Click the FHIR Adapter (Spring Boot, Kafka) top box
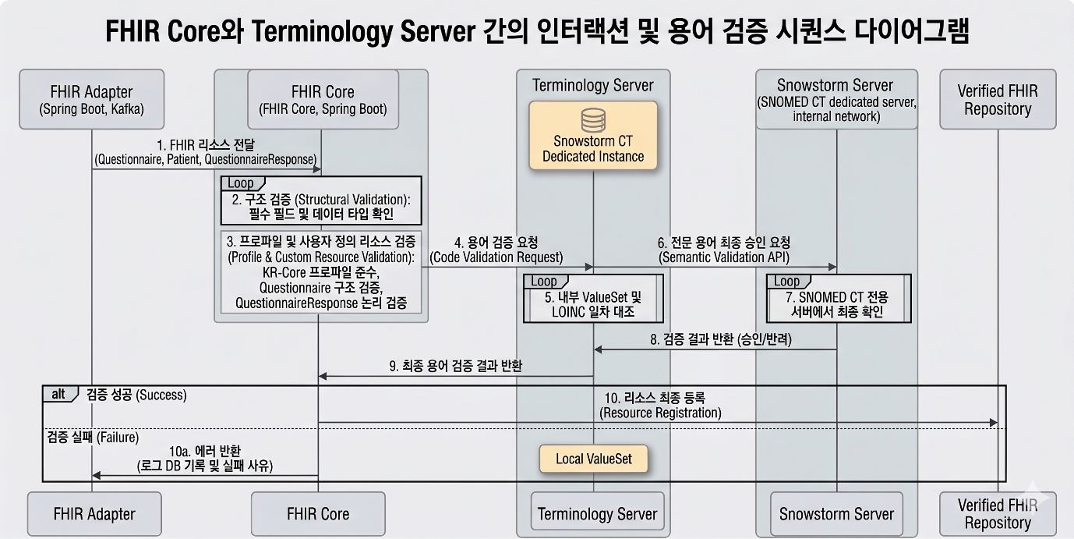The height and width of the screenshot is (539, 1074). click(91, 99)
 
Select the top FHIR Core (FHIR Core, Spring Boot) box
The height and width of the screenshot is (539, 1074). click(323, 99)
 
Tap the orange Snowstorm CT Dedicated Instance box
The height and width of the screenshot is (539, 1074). click(593, 135)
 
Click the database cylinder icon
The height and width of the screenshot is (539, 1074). click(593, 120)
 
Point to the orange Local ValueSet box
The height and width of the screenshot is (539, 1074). click(594, 459)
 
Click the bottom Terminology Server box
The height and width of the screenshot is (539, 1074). click(598, 513)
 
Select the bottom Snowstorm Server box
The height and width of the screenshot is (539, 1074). click(836, 513)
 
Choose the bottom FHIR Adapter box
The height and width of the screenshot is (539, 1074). click(94, 513)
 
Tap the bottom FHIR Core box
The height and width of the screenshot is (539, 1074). click(318, 513)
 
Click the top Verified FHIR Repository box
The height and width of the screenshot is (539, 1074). click(998, 99)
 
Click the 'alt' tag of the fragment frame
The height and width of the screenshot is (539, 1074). click(59, 394)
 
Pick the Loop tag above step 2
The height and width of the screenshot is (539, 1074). click(242, 183)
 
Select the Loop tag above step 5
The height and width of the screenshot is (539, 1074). click(545, 282)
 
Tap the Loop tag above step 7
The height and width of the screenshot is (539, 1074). click(788, 282)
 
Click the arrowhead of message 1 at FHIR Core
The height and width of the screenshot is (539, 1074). click(317, 169)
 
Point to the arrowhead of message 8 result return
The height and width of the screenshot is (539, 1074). click(598, 349)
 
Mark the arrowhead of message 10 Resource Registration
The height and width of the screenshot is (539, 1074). click(994, 423)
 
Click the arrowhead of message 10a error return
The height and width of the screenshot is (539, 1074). click(97, 476)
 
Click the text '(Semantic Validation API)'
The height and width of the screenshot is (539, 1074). click(724, 257)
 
